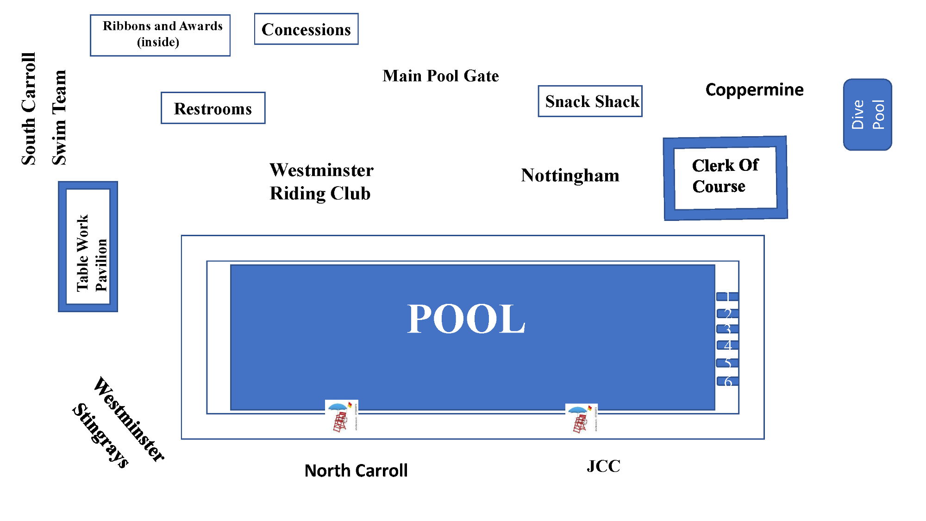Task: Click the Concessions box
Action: point(306,29)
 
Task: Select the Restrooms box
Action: point(213,108)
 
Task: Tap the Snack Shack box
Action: point(590,101)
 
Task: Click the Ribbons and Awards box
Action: point(160,35)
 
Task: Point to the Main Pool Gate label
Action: point(441,75)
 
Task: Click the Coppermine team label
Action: point(754,89)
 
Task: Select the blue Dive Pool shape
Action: point(868,114)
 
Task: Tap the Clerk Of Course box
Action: point(726,178)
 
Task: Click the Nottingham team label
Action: point(570,176)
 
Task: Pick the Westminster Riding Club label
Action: point(321,182)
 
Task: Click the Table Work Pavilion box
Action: point(88,246)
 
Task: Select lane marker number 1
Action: point(727,296)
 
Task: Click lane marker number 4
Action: point(727,345)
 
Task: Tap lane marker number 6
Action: point(727,381)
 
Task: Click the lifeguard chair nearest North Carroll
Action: point(341,416)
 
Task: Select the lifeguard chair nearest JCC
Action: point(581,418)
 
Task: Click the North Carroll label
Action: point(356,471)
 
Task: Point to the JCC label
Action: point(603,466)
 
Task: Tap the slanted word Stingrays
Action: point(100,436)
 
